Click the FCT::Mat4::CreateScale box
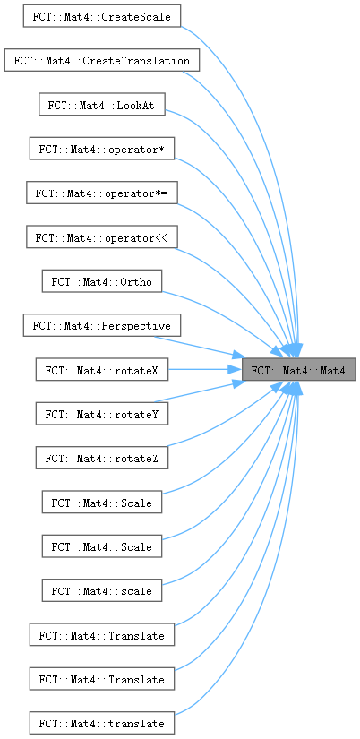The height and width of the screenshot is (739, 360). click(x=102, y=16)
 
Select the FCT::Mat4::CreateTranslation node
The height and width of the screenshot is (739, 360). click(x=102, y=60)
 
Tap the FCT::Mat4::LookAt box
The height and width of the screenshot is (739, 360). click(x=102, y=104)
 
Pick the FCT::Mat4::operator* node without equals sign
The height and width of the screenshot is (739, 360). click(x=102, y=149)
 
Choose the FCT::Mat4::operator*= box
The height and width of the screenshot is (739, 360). click(x=102, y=193)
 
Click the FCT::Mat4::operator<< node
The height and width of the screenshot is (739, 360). click(x=102, y=236)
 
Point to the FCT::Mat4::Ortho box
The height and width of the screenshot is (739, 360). click(x=102, y=281)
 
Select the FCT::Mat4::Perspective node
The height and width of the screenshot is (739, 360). click(x=102, y=325)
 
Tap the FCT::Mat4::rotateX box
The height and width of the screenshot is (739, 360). click(x=102, y=369)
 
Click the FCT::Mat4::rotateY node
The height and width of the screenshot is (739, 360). click(x=102, y=413)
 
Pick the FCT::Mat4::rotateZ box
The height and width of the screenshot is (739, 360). click(x=102, y=458)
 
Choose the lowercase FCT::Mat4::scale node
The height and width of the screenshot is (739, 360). click(x=102, y=590)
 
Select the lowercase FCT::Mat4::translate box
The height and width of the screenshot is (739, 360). click(x=102, y=723)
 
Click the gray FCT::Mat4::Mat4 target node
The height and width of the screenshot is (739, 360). click(x=298, y=369)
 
